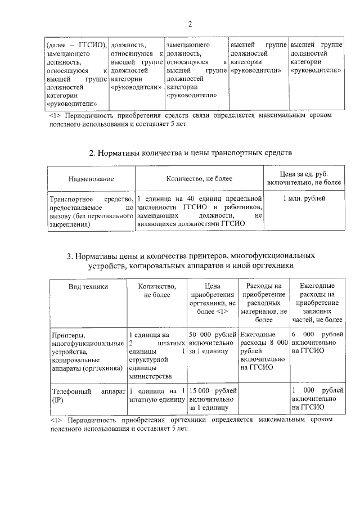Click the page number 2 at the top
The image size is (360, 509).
190,24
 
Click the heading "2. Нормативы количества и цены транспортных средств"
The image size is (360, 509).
191,152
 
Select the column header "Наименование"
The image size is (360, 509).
91,179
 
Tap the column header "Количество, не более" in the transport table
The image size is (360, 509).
199,179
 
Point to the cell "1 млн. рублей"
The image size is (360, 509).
304,198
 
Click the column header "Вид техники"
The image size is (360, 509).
88,286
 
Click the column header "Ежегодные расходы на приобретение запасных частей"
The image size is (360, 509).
316,303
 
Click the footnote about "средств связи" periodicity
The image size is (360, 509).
191,119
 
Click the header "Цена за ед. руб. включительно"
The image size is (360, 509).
304,179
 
